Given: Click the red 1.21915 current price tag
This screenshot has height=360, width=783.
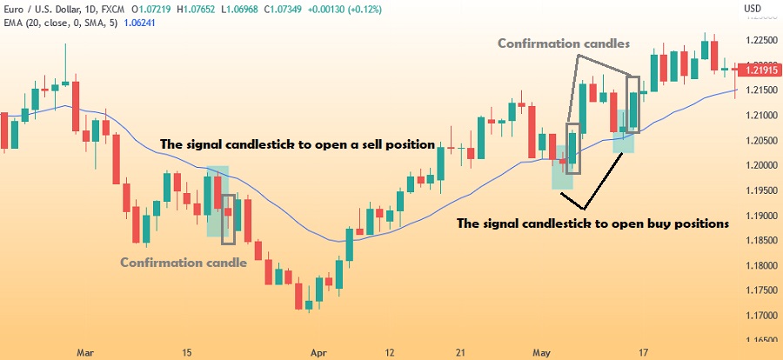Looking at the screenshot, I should coord(760,69).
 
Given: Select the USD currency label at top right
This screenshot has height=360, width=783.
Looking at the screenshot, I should coord(754,9).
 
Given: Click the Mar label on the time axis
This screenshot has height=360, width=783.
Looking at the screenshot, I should coord(84,353).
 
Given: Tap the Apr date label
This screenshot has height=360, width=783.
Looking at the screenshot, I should coord(319,353).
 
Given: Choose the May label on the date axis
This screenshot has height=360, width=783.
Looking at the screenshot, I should coord(542,353).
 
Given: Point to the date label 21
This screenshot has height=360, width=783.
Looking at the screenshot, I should coord(460,353).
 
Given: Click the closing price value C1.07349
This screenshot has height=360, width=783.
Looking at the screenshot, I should coord(250,10).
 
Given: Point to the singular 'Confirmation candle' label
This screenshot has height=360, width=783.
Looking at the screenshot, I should coord(184,262).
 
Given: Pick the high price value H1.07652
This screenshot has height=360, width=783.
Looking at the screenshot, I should coord(166,10).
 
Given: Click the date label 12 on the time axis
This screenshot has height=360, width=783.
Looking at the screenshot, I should coord(390,353).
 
